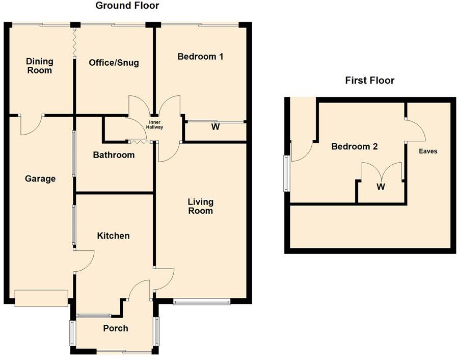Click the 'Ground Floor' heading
click(127, 6)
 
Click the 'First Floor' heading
click(369, 81)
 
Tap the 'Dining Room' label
click(40, 66)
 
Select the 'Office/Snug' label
click(114, 63)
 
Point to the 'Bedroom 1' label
click(200, 57)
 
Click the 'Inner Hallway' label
click(155, 125)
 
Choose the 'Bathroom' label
click(114, 155)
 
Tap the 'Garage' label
click(40, 178)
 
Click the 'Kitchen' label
click(113, 236)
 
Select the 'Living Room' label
click(200, 206)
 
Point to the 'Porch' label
click(115, 328)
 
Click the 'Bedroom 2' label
click(355, 147)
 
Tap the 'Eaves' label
click(428, 151)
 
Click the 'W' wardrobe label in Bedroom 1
click(216, 127)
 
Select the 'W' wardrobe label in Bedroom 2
click(381, 187)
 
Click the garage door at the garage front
click(41, 298)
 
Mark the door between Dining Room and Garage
click(31, 124)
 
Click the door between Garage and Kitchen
click(83, 261)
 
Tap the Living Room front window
click(202, 302)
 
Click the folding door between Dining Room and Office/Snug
click(74, 43)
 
